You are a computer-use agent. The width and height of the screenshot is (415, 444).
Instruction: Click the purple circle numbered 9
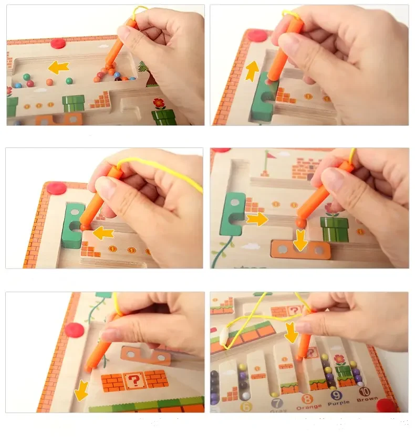point(336,395)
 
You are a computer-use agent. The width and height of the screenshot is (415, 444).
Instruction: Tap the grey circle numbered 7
point(277,404)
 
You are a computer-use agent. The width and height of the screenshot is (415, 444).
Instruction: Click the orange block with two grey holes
point(300,250)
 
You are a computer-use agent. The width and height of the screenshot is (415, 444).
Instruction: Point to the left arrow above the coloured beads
point(58,67)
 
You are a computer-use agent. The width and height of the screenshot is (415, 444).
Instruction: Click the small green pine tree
point(142,67)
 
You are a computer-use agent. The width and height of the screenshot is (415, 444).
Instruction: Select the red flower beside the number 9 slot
point(340,360)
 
